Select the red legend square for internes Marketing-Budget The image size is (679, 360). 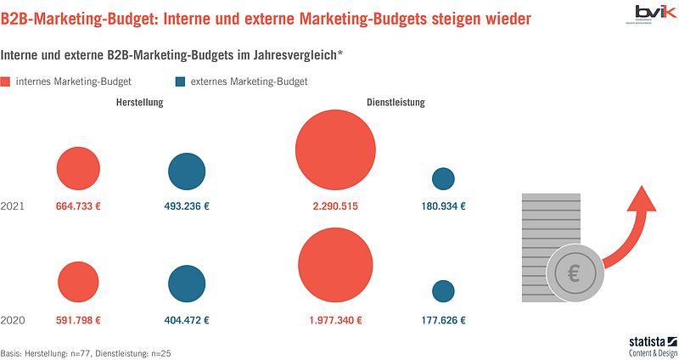tap(7, 82)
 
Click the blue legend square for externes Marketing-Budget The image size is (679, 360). tap(180, 82)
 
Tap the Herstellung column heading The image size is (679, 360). tap(139, 103)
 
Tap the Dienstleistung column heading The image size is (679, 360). tap(396, 103)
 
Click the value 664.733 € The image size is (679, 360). tap(79, 206)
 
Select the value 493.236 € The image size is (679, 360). tap(187, 206)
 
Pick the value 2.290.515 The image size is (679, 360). tap(336, 206)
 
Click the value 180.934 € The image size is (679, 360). tap(443, 206)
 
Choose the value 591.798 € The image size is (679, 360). tap(79, 321)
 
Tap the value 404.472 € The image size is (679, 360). tap(187, 321)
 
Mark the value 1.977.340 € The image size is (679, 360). tap(336, 321)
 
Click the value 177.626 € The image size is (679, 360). tap(443, 321)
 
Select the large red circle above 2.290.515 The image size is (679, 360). tap(336, 151)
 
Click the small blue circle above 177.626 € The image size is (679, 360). tap(443, 291)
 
